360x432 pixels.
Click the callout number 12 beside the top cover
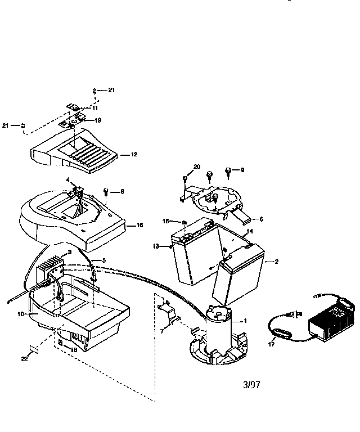134,154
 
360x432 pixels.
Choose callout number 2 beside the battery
276,262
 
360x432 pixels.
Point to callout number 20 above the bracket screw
197,166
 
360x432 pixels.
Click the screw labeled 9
228,170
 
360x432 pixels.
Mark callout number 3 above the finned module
69,252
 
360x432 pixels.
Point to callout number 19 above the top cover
98,120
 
